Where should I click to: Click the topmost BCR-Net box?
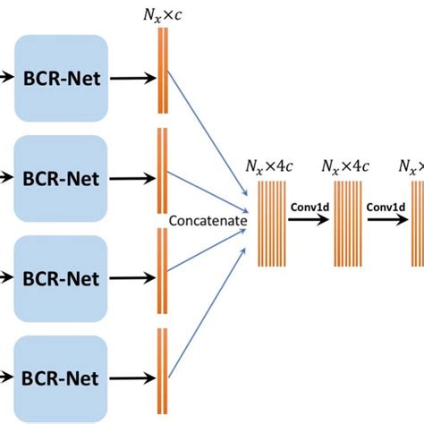(61, 79)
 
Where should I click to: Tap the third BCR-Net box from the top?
(61, 277)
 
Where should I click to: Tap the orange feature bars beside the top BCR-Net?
(163, 72)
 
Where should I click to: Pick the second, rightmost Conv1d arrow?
(384, 221)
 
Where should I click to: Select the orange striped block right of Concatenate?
(271, 223)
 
